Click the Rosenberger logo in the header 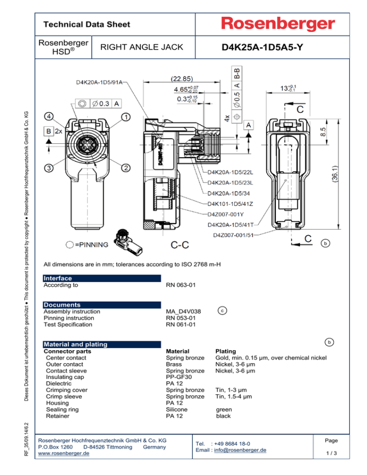pos(277,24)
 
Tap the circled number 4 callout pos(49,116)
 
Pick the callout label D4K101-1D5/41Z pos(230,204)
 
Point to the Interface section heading pos(57,278)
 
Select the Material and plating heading pos(76,344)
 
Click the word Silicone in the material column pos(176,410)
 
